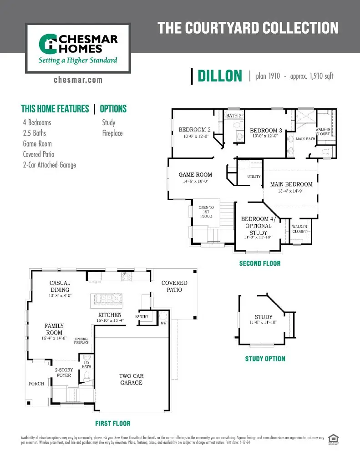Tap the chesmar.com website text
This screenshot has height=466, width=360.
pos(78,80)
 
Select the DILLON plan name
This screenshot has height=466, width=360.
pos(220,76)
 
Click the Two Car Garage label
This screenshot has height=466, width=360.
pos(131,379)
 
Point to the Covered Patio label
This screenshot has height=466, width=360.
pos(174,286)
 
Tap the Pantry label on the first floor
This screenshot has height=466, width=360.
pos(142,316)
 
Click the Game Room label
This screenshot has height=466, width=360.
pos(195,175)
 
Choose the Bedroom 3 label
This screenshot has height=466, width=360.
pos(266,131)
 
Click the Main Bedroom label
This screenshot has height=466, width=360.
pos(291,184)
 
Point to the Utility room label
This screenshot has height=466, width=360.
pos(254,177)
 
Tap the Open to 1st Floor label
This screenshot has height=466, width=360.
pos(206,212)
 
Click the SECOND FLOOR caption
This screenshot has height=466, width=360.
pos(260,263)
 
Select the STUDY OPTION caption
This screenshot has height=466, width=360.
pos(265,359)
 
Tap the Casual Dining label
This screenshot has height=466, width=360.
pos(60,286)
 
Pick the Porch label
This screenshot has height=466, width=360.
pos(36,384)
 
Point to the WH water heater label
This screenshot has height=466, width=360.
pos(163,323)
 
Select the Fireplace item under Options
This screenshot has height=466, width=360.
pos(112,133)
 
